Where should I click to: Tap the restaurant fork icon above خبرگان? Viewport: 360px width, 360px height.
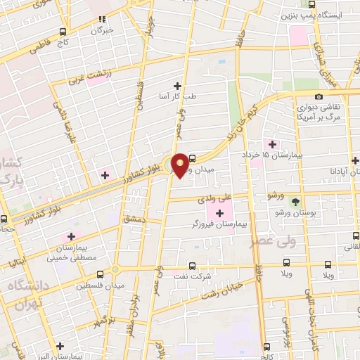tap(103, 19)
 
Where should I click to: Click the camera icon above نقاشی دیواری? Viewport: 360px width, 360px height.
tap(319, 96)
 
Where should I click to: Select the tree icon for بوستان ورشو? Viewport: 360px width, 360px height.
tap(304, 200)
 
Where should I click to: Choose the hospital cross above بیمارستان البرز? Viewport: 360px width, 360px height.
tap(60, 345)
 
